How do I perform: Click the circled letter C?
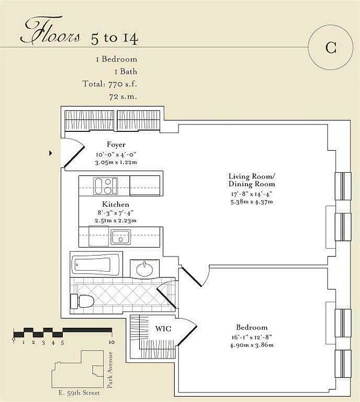(331, 48)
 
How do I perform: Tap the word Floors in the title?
(50, 30)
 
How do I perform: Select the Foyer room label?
(116, 145)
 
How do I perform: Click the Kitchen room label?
(116, 204)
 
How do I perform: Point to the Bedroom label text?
(252, 327)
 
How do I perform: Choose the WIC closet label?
(163, 329)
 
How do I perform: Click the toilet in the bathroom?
(82, 301)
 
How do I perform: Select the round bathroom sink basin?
(144, 269)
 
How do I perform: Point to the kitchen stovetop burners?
(106, 186)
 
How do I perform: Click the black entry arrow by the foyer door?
(50, 153)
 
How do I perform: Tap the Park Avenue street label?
(110, 370)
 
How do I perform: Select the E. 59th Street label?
(79, 393)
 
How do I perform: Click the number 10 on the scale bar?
(112, 342)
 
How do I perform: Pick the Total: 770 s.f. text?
(110, 84)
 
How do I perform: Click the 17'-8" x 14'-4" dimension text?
(252, 194)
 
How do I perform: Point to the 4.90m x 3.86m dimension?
(252, 345)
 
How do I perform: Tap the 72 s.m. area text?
(123, 97)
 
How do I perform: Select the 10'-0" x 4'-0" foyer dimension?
(116, 154)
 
